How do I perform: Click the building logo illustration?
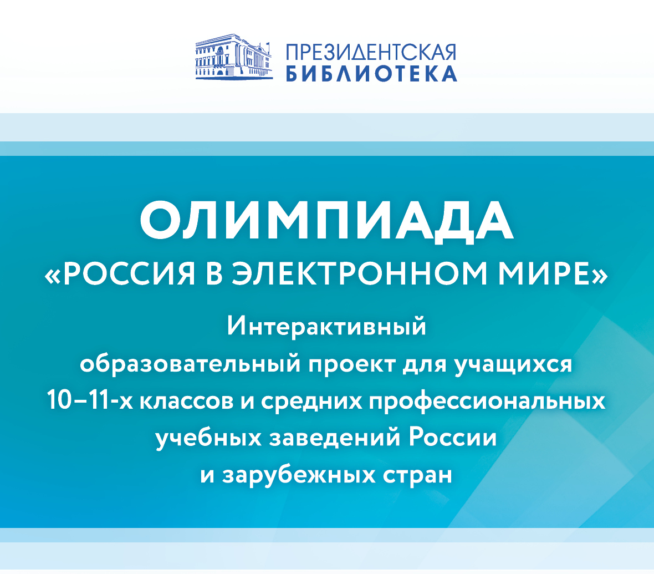pos(234,57)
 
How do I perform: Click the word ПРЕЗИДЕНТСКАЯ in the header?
pos(371,53)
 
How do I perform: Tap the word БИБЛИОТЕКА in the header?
pos(371,73)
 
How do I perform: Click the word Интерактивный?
pos(326,326)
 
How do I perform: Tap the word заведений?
pos(335,438)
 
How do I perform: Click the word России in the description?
pos(453,438)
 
